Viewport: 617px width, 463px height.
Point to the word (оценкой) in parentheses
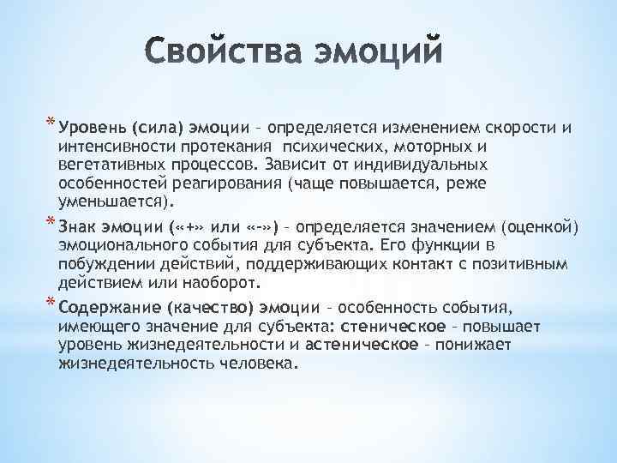(545, 226)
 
